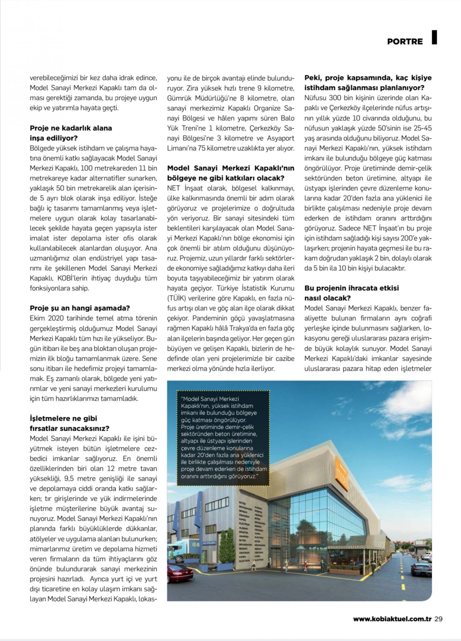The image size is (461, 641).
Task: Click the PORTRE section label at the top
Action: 405,41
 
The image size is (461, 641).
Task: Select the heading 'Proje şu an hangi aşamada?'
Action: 80,308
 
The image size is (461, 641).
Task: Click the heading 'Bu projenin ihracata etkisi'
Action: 351,288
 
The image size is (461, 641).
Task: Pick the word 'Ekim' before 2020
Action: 37,318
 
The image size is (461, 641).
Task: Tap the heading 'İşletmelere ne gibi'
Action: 63,418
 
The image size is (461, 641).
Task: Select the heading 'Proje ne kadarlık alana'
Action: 71,128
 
